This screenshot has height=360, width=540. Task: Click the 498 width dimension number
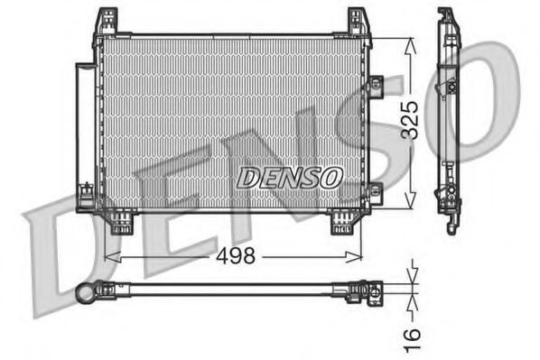[x=236, y=255]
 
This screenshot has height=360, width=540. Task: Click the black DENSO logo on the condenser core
[x=289, y=177]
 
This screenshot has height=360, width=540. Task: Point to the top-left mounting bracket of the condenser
[x=107, y=23]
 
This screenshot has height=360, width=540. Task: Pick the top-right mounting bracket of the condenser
[x=358, y=23]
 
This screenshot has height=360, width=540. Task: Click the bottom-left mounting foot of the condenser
[x=120, y=221]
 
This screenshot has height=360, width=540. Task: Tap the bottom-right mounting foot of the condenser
[x=341, y=221]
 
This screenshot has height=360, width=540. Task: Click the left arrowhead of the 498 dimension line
[x=110, y=256]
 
